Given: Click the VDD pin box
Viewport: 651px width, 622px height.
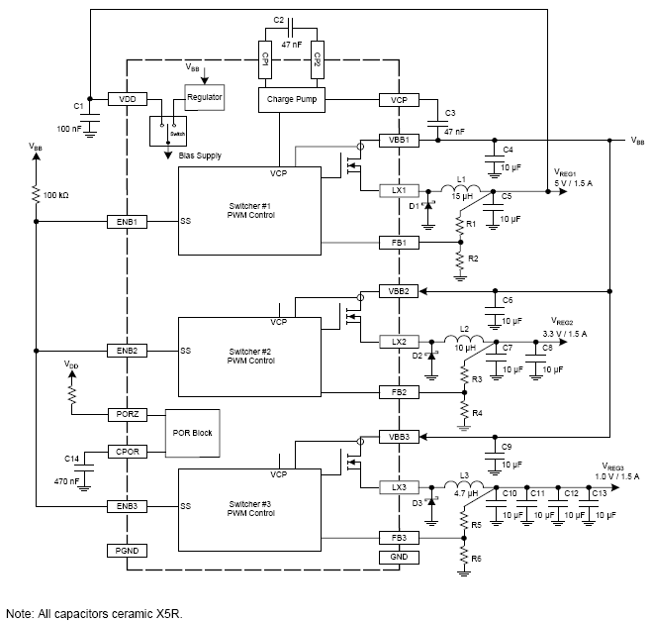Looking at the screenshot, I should (127, 100).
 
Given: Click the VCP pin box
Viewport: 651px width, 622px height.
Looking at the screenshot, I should (398, 100).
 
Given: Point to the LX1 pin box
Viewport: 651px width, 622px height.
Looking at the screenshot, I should (398, 190).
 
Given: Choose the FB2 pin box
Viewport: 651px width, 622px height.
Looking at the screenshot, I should (398, 392).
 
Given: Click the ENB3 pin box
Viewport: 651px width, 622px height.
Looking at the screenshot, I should (127, 506).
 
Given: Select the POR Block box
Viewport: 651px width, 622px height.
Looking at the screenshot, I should (195, 433).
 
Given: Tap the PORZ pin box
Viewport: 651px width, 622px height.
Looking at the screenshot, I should (127, 413).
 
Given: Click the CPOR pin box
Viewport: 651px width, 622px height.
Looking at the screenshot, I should (127, 452).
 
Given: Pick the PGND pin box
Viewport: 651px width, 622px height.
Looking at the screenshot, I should (127, 550).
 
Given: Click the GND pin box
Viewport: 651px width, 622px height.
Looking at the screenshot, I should (398, 558).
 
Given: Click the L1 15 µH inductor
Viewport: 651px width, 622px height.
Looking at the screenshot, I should (462, 189).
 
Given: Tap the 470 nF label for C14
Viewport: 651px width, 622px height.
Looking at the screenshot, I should (65, 480).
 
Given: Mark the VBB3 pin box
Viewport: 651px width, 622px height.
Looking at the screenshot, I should (398, 437).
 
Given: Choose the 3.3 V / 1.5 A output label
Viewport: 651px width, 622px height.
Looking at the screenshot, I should (564, 335).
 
